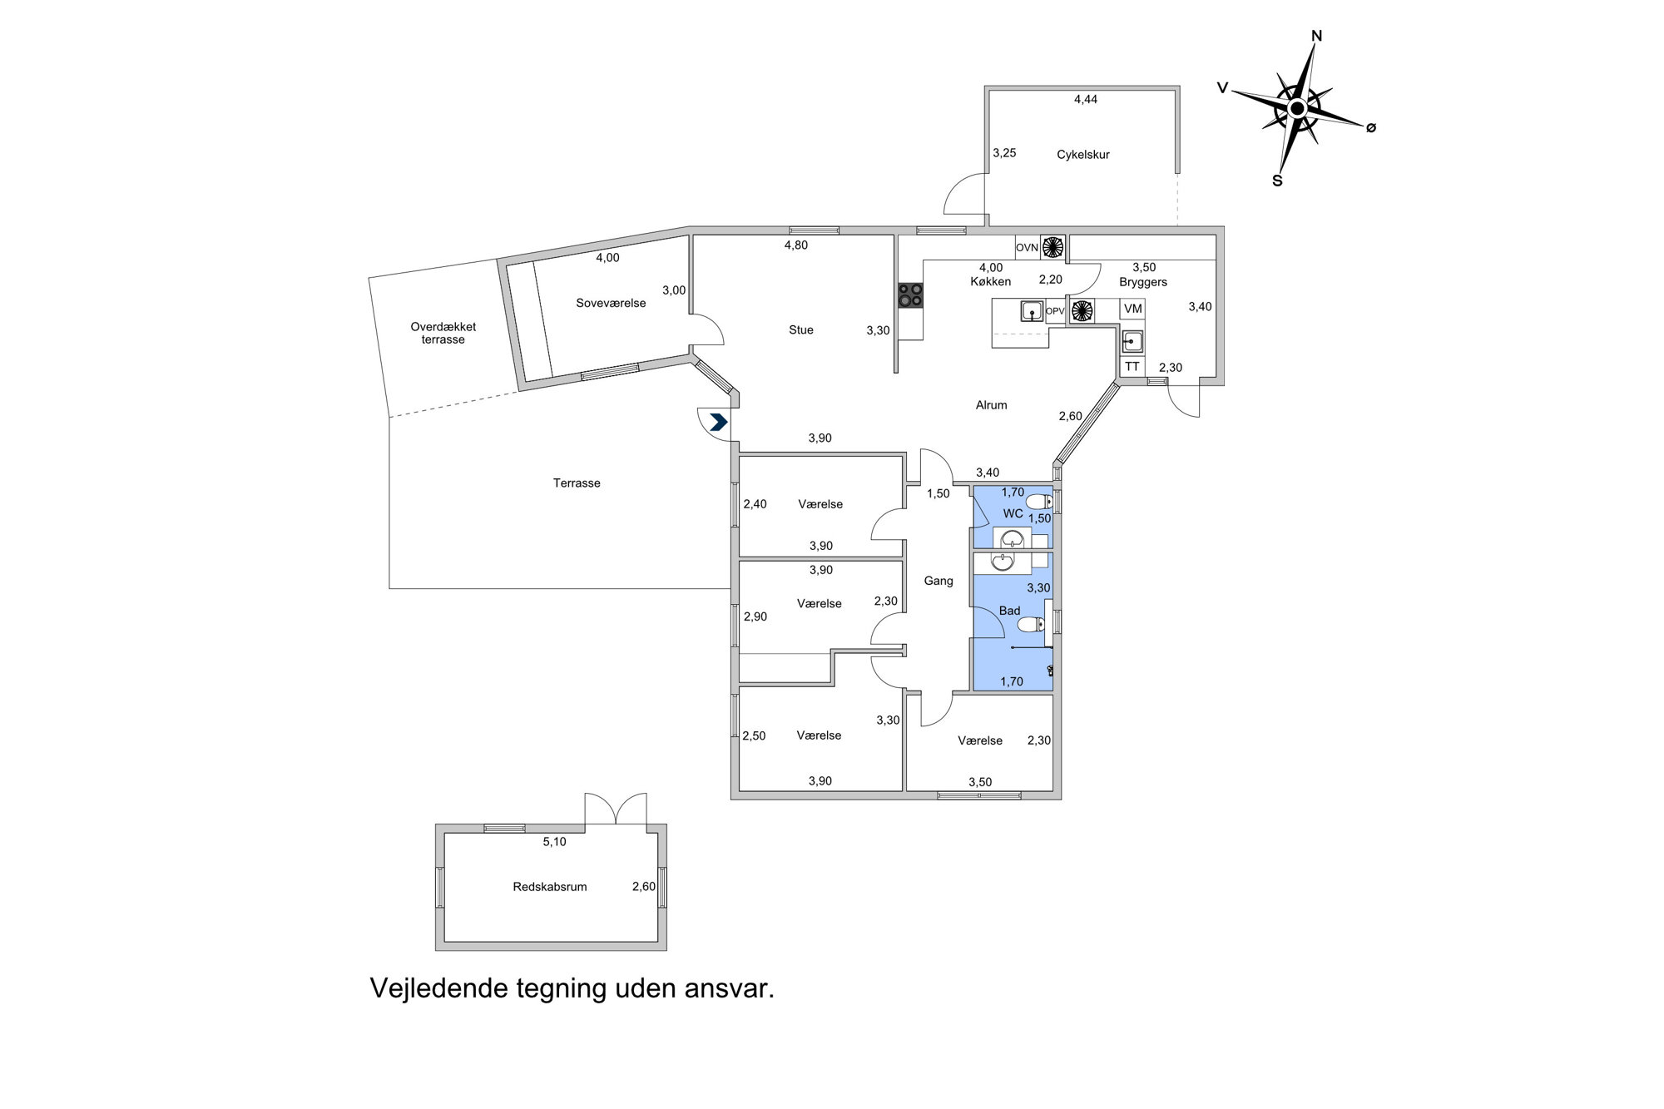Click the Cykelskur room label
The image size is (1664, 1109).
1083,155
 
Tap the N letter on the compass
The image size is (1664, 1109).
1316,36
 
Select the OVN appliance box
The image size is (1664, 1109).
1028,247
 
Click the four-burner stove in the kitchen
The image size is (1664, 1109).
910,295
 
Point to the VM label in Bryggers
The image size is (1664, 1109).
1132,309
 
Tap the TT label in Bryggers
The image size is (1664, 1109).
1132,366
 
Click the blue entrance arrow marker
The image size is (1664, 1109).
718,422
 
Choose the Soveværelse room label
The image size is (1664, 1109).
611,304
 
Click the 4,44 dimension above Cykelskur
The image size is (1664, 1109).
1086,99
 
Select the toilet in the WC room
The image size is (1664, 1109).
1038,502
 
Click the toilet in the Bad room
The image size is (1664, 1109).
1030,624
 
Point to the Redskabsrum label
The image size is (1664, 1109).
550,887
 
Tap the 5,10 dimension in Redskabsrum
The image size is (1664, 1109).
554,842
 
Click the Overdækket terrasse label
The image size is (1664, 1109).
443,333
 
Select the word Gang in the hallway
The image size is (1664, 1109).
938,582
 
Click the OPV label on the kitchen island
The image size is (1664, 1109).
1055,311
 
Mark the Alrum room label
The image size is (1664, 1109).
991,405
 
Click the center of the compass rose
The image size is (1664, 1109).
1296,109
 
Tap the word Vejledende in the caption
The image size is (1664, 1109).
438,988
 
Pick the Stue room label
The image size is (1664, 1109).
801,330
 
